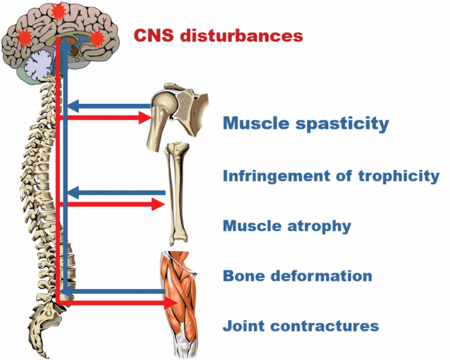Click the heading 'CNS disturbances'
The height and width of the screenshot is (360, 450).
coord(218,35)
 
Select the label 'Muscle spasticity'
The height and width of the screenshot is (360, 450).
coord(306,124)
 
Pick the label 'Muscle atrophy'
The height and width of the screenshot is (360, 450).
coord(287,226)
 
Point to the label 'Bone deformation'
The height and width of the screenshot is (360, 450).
coord(298,276)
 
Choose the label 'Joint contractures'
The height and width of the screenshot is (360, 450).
coord(301,326)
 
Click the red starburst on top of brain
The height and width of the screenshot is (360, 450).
coord(58,11)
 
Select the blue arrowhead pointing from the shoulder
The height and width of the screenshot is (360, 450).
coord(71,106)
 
